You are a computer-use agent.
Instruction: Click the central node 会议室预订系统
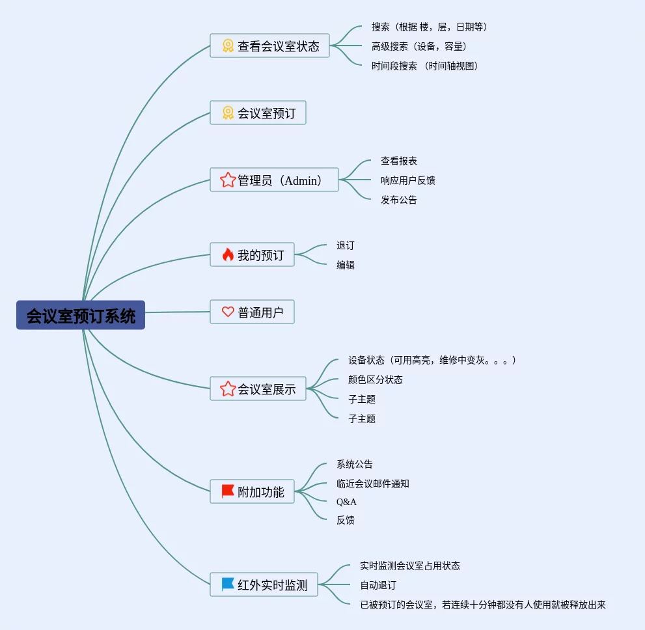point(81,316)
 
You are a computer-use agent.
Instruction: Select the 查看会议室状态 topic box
point(269,46)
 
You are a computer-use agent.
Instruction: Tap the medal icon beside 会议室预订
point(228,113)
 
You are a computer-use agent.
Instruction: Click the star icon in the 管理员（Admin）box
point(228,180)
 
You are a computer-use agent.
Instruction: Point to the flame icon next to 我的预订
point(228,255)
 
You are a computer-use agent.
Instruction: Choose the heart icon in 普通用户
point(228,312)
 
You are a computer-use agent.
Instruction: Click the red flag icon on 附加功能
point(228,491)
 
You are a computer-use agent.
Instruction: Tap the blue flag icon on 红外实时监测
point(228,584)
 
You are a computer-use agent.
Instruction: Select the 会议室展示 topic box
point(258,389)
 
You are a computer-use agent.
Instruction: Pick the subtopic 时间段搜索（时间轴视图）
point(425,66)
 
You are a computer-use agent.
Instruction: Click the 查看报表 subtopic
point(399,161)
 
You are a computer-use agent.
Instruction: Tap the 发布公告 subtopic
point(399,200)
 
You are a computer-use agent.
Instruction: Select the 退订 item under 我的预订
point(346,245)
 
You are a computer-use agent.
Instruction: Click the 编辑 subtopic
point(346,265)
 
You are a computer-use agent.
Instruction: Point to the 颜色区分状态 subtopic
point(376,379)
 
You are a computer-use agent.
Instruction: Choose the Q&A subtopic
point(346,502)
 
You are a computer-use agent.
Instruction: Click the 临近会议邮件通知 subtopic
point(373,484)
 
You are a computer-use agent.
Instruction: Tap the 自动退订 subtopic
point(378,585)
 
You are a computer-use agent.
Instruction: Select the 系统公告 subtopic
point(355,464)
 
